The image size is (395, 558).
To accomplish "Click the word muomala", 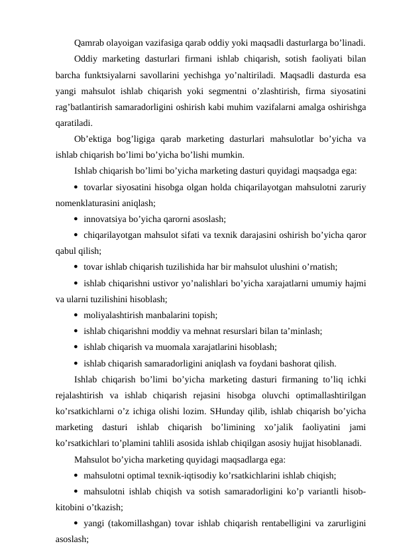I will [x=171, y=347].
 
